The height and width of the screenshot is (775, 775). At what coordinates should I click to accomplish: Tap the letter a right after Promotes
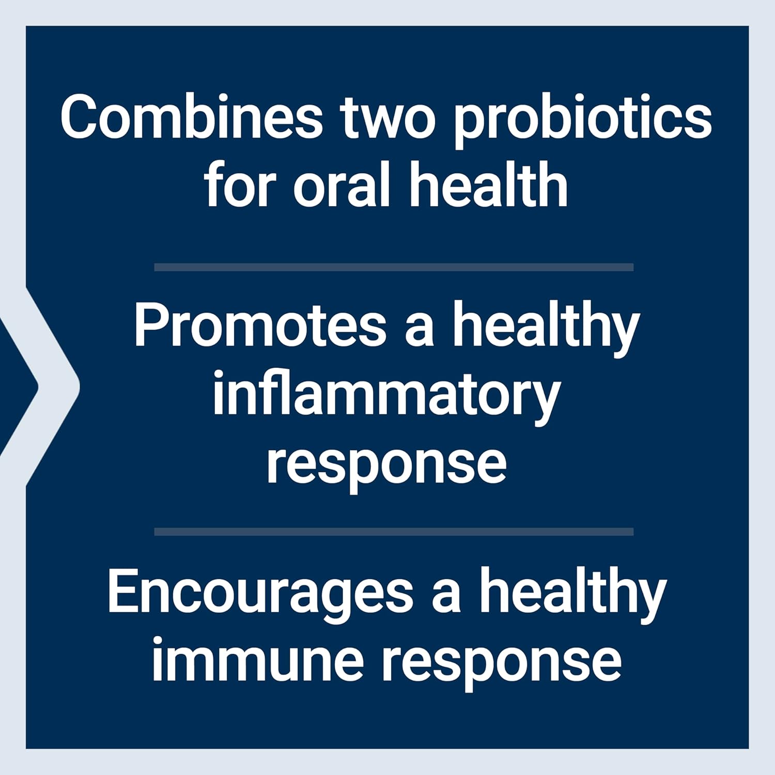[x=419, y=331]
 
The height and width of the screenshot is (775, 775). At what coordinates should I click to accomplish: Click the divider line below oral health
[x=394, y=267]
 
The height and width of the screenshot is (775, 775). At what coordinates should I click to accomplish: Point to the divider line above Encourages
[x=394, y=532]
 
